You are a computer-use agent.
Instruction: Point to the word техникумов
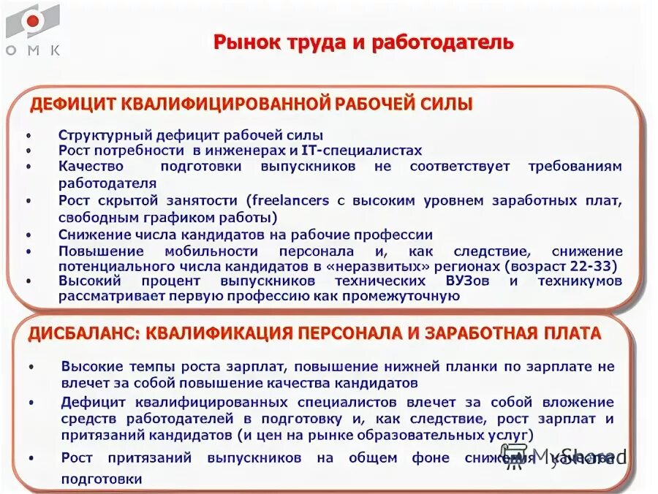coord(580,281)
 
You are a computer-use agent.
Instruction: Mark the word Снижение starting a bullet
coord(92,235)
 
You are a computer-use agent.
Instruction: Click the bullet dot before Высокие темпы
coord(34,368)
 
